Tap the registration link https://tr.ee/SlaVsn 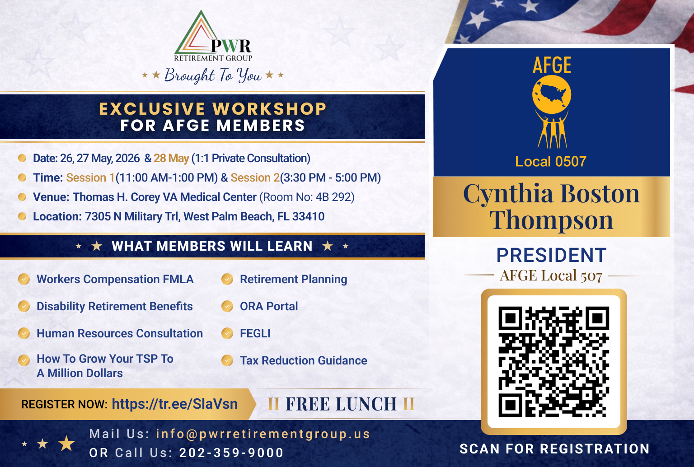pyautogui.click(x=175, y=404)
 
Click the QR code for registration pyautogui.click(x=553, y=362)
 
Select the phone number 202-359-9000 pyautogui.click(x=231, y=453)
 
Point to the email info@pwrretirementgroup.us pyautogui.click(x=263, y=434)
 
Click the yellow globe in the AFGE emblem pyautogui.click(x=552, y=95)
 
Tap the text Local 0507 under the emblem pyautogui.click(x=551, y=161)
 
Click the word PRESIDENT pyautogui.click(x=552, y=255)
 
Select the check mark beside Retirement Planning pyautogui.click(x=227, y=279)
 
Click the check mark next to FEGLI pyautogui.click(x=227, y=333)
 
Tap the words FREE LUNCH pyautogui.click(x=341, y=404)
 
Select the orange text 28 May pyautogui.click(x=171, y=158)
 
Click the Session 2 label pyautogui.click(x=255, y=178)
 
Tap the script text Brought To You pyautogui.click(x=213, y=75)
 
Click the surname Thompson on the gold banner pyautogui.click(x=551, y=220)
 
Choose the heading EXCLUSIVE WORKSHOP pyautogui.click(x=212, y=109)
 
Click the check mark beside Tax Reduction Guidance pyautogui.click(x=227, y=360)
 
